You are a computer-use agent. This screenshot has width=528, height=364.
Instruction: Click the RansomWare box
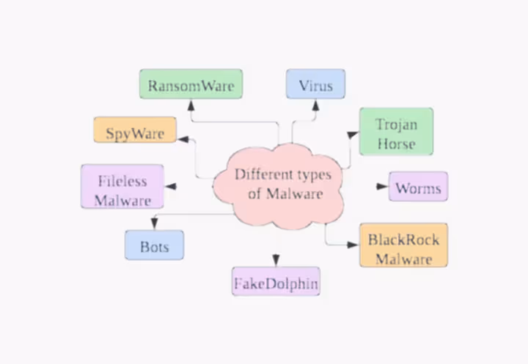point(191,84)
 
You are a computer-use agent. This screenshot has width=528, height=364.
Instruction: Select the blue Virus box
point(315,84)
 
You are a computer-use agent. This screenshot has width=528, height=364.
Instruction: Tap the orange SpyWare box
point(135,130)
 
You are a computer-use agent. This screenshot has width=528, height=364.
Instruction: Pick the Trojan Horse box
point(396,132)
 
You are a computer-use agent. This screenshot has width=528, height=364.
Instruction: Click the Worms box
point(418,186)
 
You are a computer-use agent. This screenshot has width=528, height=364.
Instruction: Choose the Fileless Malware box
point(122,186)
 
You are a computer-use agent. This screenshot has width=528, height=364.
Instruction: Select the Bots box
point(154,245)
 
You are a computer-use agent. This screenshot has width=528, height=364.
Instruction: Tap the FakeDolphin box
point(276,281)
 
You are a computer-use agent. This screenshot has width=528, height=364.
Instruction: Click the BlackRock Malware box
point(403,245)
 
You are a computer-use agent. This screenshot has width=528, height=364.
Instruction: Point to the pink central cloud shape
point(278,186)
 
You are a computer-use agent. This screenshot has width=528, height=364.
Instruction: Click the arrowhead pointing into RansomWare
point(191,105)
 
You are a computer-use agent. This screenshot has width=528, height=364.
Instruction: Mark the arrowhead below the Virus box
point(315,105)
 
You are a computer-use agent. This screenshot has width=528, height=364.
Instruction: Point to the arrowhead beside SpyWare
point(183,139)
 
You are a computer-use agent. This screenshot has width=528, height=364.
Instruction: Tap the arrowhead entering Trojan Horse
point(353,135)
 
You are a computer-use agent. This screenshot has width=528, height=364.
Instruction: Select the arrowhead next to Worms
point(382,186)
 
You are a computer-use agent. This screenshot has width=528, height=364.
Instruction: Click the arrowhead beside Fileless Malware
point(171,186)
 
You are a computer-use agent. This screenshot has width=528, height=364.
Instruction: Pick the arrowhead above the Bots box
point(155,223)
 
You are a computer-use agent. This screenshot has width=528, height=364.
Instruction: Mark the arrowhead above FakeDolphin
point(276,260)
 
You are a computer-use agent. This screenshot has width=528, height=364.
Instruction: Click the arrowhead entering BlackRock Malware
point(353,245)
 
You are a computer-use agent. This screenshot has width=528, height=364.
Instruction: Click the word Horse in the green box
point(396,144)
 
